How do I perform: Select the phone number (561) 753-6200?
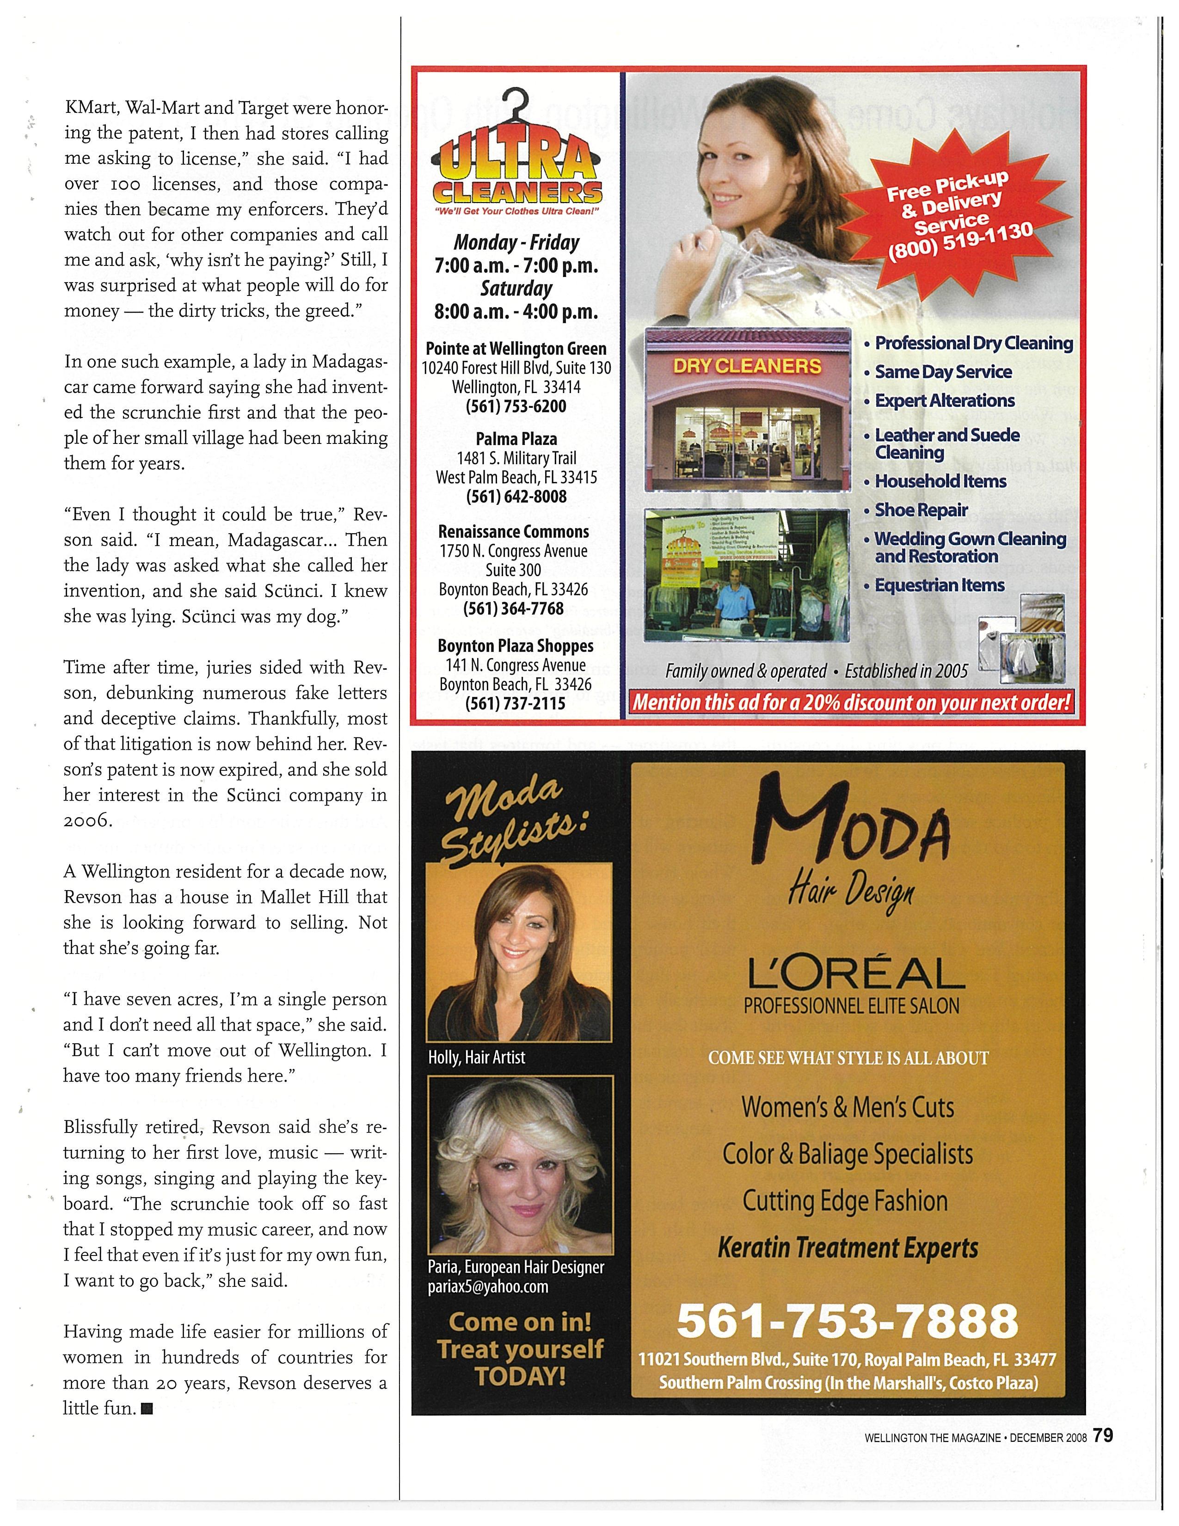tap(516, 406)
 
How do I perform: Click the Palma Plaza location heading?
tap(516, 439)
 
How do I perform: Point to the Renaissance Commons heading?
tap(513, 532)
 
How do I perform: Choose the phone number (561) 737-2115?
tap(516, 704)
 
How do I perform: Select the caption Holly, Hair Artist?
tap(476, 1057)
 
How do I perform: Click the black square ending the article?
tap(147, 1409)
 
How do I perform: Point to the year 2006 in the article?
tap(87, 821)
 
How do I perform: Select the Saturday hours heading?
tap(516, 289)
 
